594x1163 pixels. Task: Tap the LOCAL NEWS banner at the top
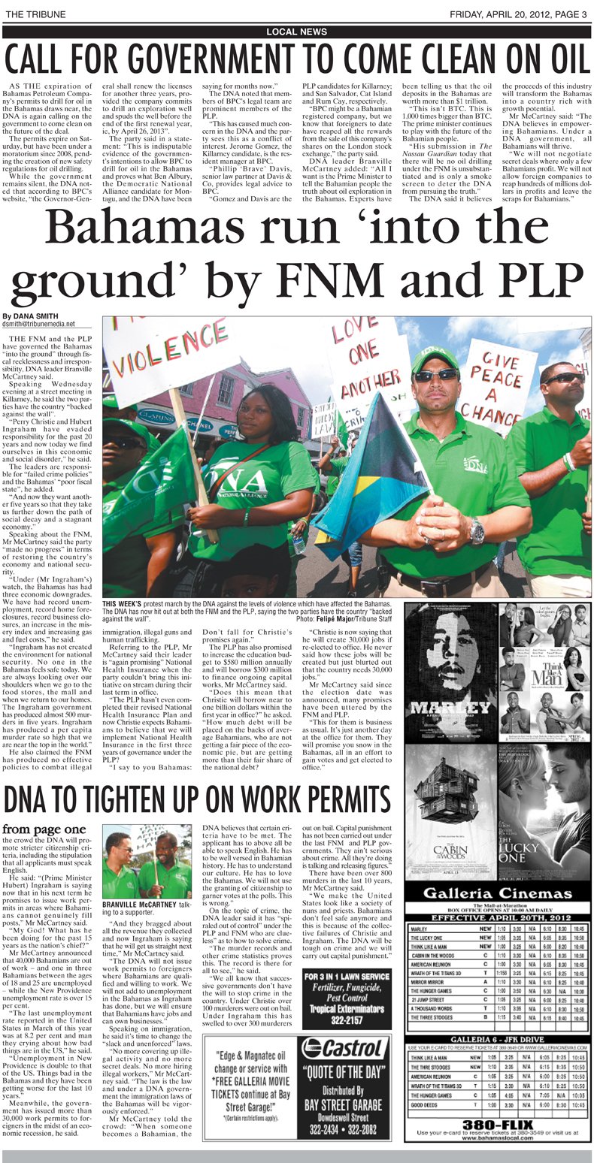click(297, 31)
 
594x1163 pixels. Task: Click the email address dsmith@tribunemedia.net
click(39, 325)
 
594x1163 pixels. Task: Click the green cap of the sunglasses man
click(435, 358)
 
